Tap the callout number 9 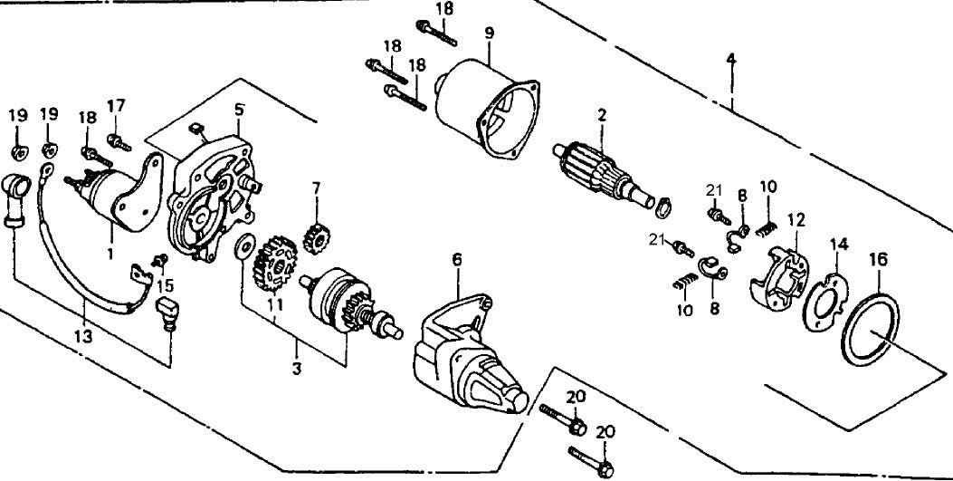pyautogui.click(x=489, y=34)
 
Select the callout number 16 pyautogui.click(x=875, y=259)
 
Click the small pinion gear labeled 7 pyautogui.click(x=318, y=240)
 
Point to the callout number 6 pyautogui.click(x=457, y=260)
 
